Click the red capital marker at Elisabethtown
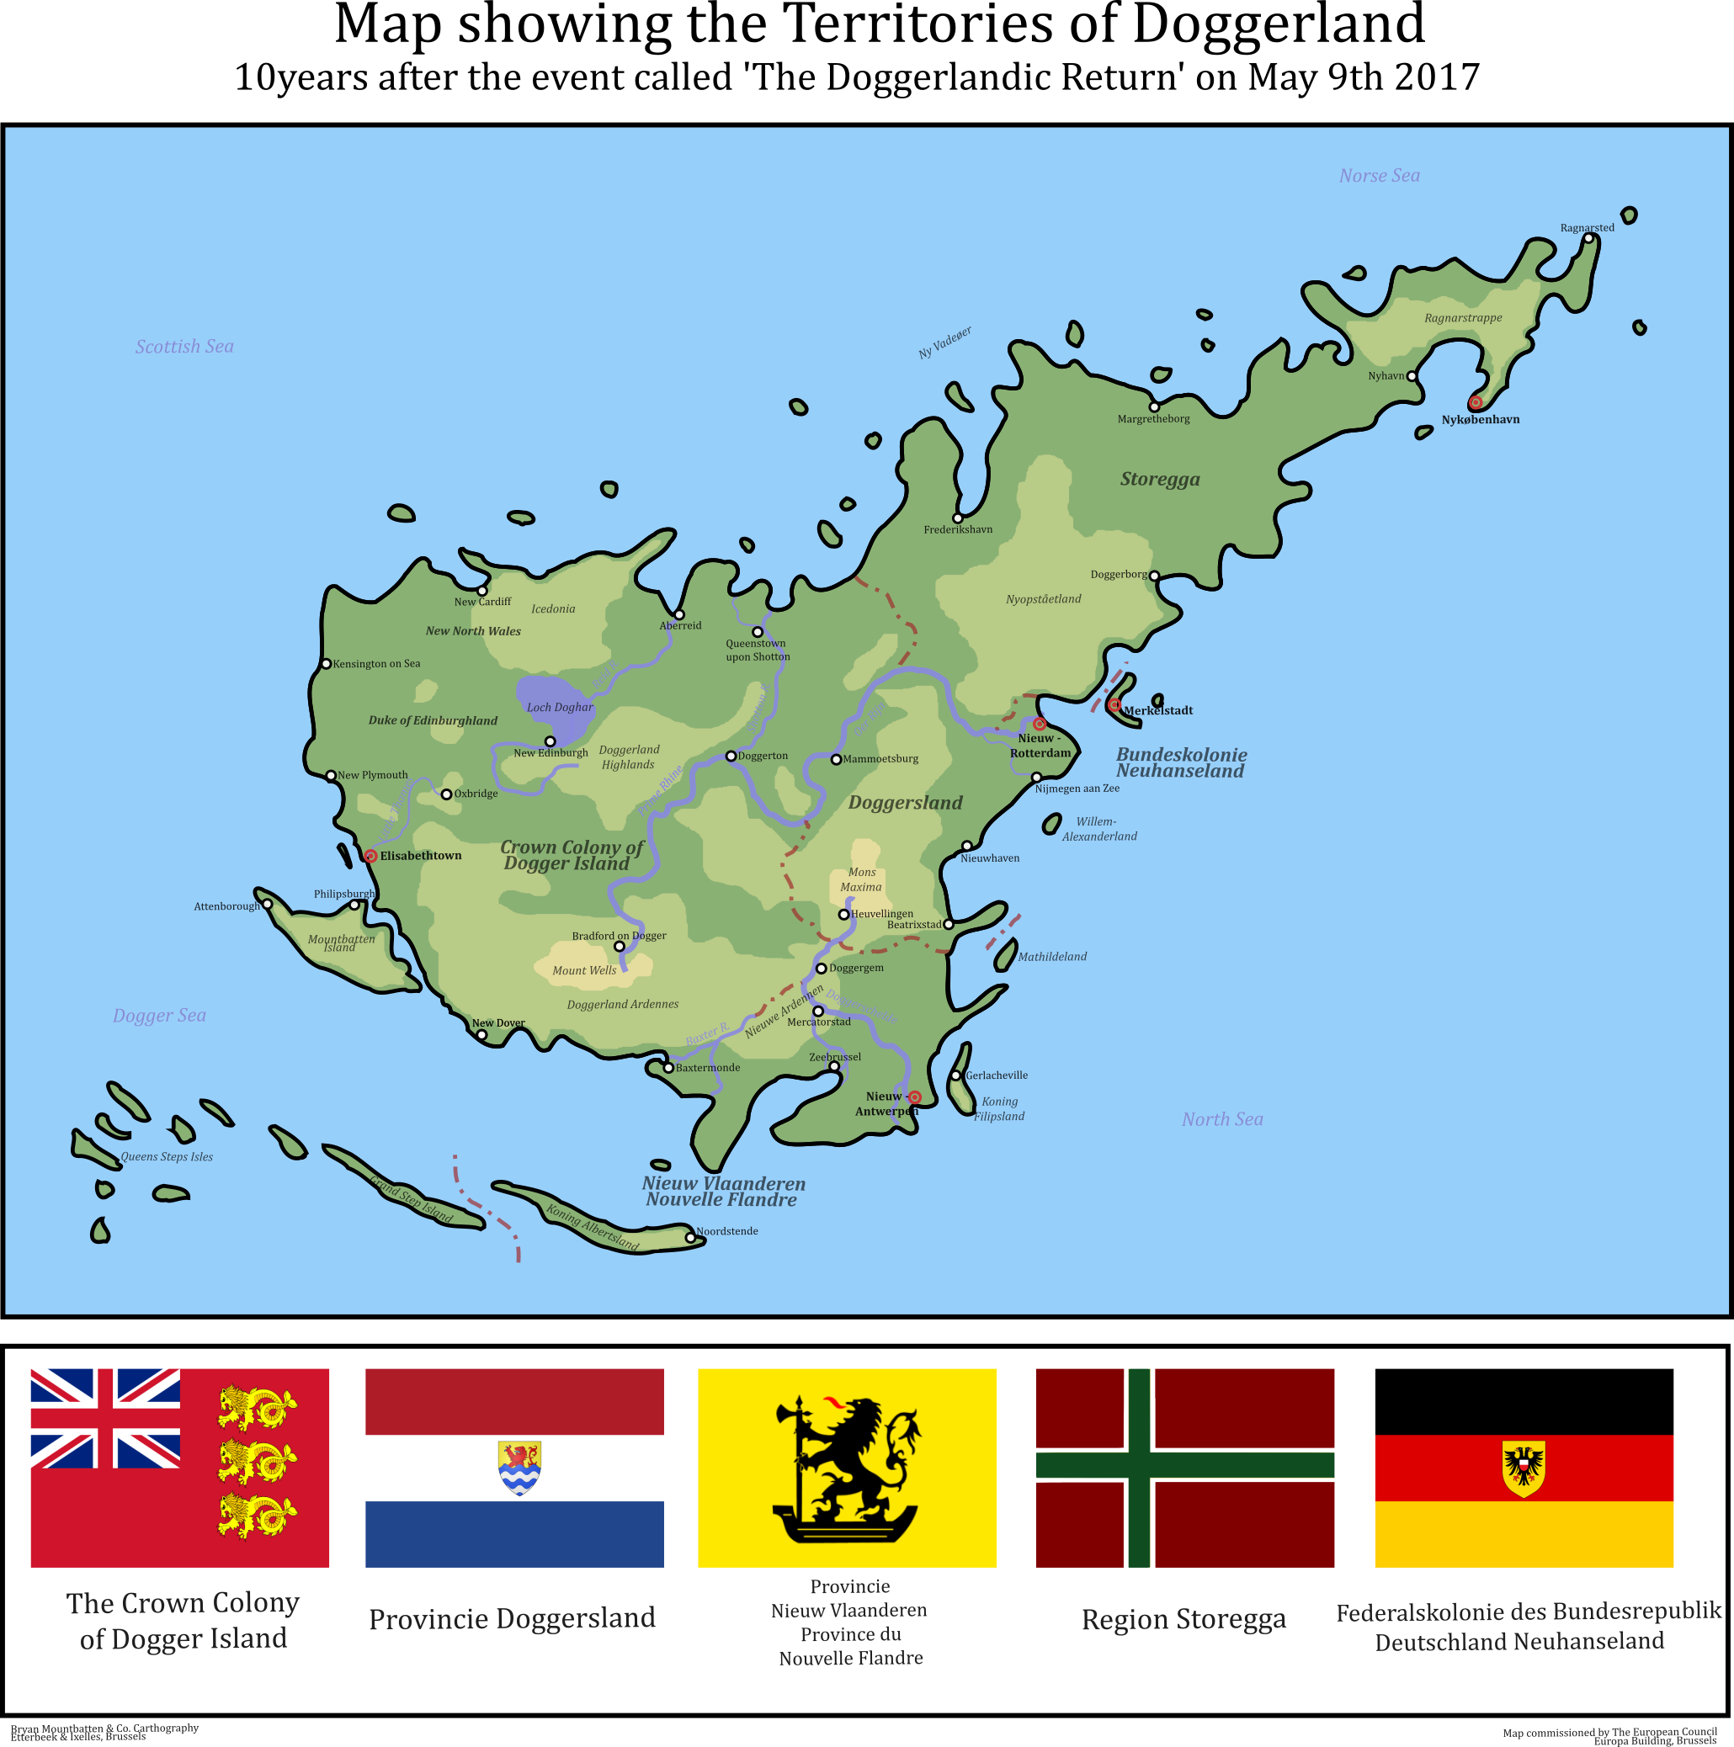370,856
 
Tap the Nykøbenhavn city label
1480,420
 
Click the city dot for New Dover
481,1035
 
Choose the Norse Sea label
1379,175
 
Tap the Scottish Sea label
184,347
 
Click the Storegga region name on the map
1160,480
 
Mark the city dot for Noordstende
690,1238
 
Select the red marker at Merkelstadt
1114,704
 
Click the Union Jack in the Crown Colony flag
105,1419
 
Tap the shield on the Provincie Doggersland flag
519,1468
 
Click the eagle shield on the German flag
1524,1468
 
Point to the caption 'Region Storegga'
1183,1619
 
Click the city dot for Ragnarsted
1588,239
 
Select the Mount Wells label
584,970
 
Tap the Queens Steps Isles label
167,1156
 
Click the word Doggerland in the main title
1278,24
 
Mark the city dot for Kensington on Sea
327,664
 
